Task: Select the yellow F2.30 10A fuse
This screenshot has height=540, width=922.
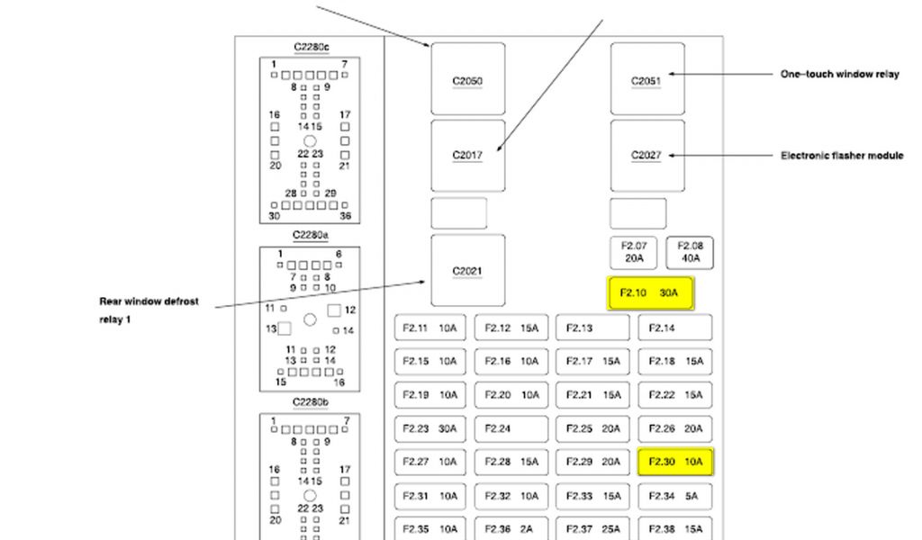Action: pos(675,462)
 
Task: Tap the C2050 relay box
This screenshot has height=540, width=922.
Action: pos(467,80)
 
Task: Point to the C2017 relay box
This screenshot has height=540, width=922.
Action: pos(467,155)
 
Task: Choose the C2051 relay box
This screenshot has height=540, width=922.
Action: pos(646,80)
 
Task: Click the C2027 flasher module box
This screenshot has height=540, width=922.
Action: pos(646,155)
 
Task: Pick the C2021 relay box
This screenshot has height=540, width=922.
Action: pos(467,270)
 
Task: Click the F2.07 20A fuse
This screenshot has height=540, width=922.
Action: pos(634,253)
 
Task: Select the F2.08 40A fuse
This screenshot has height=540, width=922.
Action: pos(690,253)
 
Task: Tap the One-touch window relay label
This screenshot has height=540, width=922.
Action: pos(839,75)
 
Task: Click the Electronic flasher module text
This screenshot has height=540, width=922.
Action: pos(841,156)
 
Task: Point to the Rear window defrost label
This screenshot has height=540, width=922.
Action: pos(149,301)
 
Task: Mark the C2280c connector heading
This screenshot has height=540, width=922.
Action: pos(311,47)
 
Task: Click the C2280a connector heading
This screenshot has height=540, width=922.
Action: pos(311,236)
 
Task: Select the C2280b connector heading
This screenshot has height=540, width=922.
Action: pos(311,401)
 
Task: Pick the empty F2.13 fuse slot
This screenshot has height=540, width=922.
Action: pos(592,328)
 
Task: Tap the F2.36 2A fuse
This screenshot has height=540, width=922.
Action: pos(511,529)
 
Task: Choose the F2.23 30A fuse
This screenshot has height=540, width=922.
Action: pos(430,428)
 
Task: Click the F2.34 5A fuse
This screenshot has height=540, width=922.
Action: pos(675,496)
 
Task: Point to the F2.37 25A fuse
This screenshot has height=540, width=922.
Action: pos(592,529)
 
